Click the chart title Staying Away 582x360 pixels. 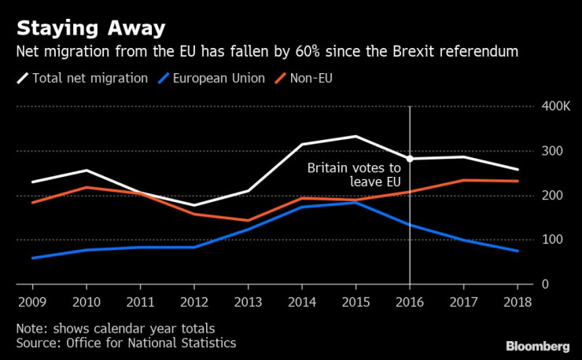(x=91, y=29)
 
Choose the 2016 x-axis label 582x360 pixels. (x=409, y=302)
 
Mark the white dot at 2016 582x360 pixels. (x=409, y=159)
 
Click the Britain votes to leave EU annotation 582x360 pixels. (x=354, y=174)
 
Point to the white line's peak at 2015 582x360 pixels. (x=356, y=137)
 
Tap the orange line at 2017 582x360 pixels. (x=464, y=180)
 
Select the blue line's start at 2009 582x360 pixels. (x=31, y=258)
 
